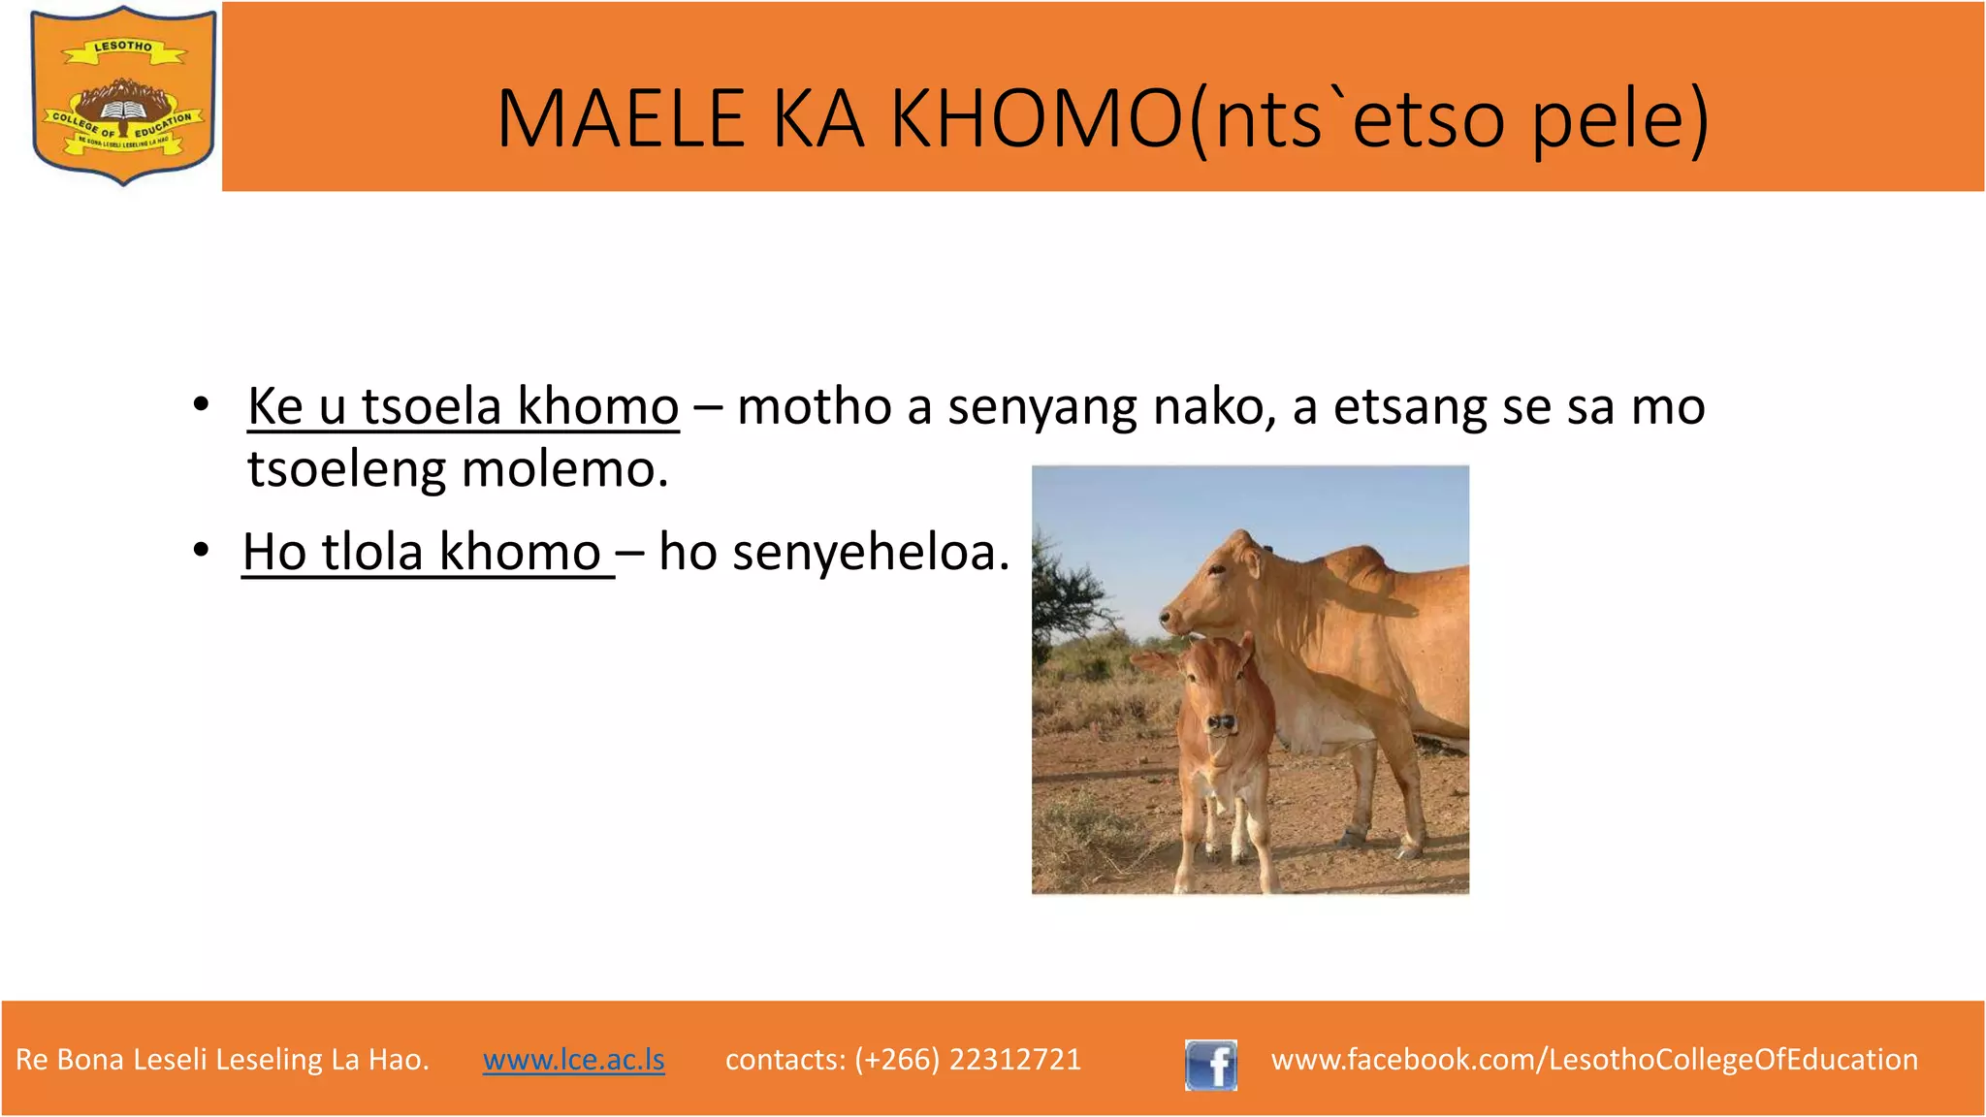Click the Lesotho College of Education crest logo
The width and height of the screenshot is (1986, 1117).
click(x=123, y=95)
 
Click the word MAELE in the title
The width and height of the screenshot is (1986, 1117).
click(x=621, y=119)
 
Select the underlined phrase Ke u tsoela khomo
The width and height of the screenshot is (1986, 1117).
click(x=463, y=406)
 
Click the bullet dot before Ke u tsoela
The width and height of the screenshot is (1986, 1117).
click(x=201, y=404)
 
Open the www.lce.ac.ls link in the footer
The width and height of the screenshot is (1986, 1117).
click(x=573, y=1059)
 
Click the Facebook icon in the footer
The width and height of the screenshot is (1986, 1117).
click(x=1210, y=1065)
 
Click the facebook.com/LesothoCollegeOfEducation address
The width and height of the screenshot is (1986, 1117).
click(x=1593, y=1059)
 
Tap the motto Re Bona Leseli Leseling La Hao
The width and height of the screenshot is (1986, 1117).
click(x=222, y=1059)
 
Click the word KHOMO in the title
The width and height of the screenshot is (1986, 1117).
click(x=1037, y=119)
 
